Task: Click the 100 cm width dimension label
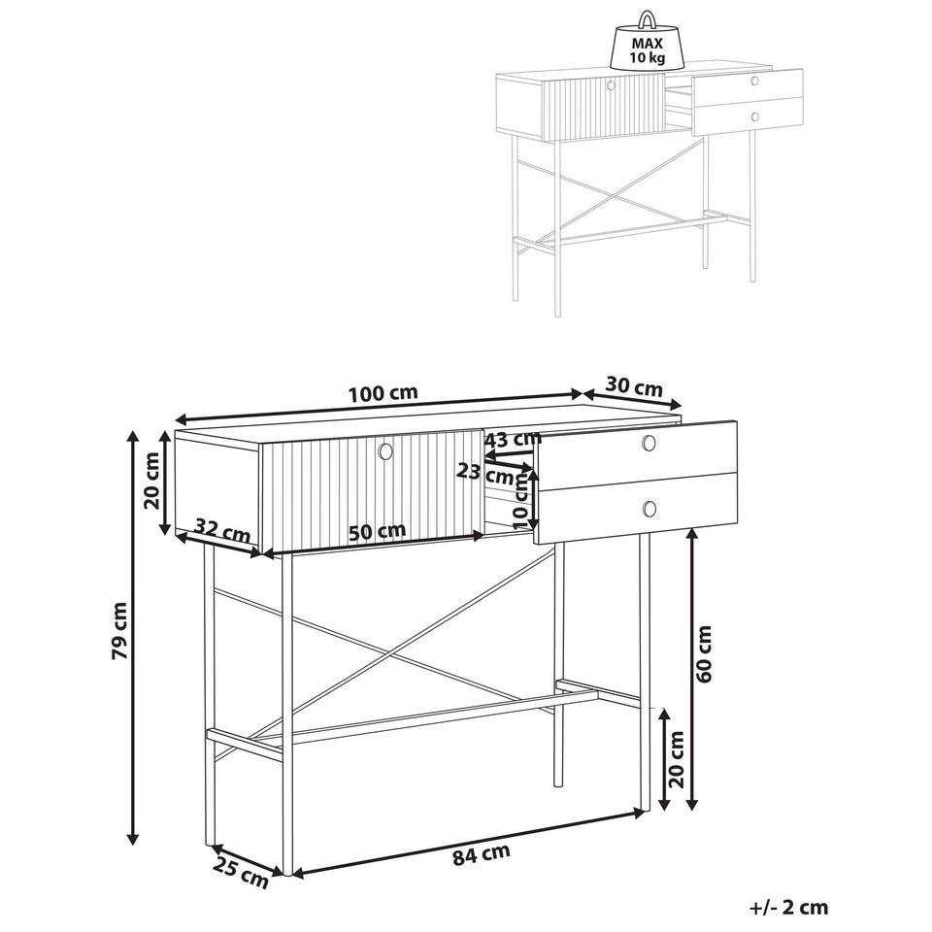[x=383, y=393]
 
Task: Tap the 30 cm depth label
[x=634, y=387]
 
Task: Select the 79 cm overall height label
[x=119, y=631]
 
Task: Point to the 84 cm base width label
[x=482, y=854]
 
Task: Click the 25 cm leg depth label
[x=240, y=872]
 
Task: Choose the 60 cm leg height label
[x=704, y=653]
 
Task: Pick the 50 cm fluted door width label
[x=377, y=531]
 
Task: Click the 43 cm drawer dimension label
[x=514, y=440]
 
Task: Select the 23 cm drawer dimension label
[x=485, y=474]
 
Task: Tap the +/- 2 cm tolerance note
[x=788, y=908]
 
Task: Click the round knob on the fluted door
[x=385, y=451]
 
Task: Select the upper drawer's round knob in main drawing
[x=649, y=443]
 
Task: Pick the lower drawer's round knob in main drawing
[x=649, y=509]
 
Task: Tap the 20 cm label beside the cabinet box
[x=152, y=481]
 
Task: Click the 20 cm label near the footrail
[x=678, y=759]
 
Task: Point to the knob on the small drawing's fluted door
[x=611, y=85]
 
